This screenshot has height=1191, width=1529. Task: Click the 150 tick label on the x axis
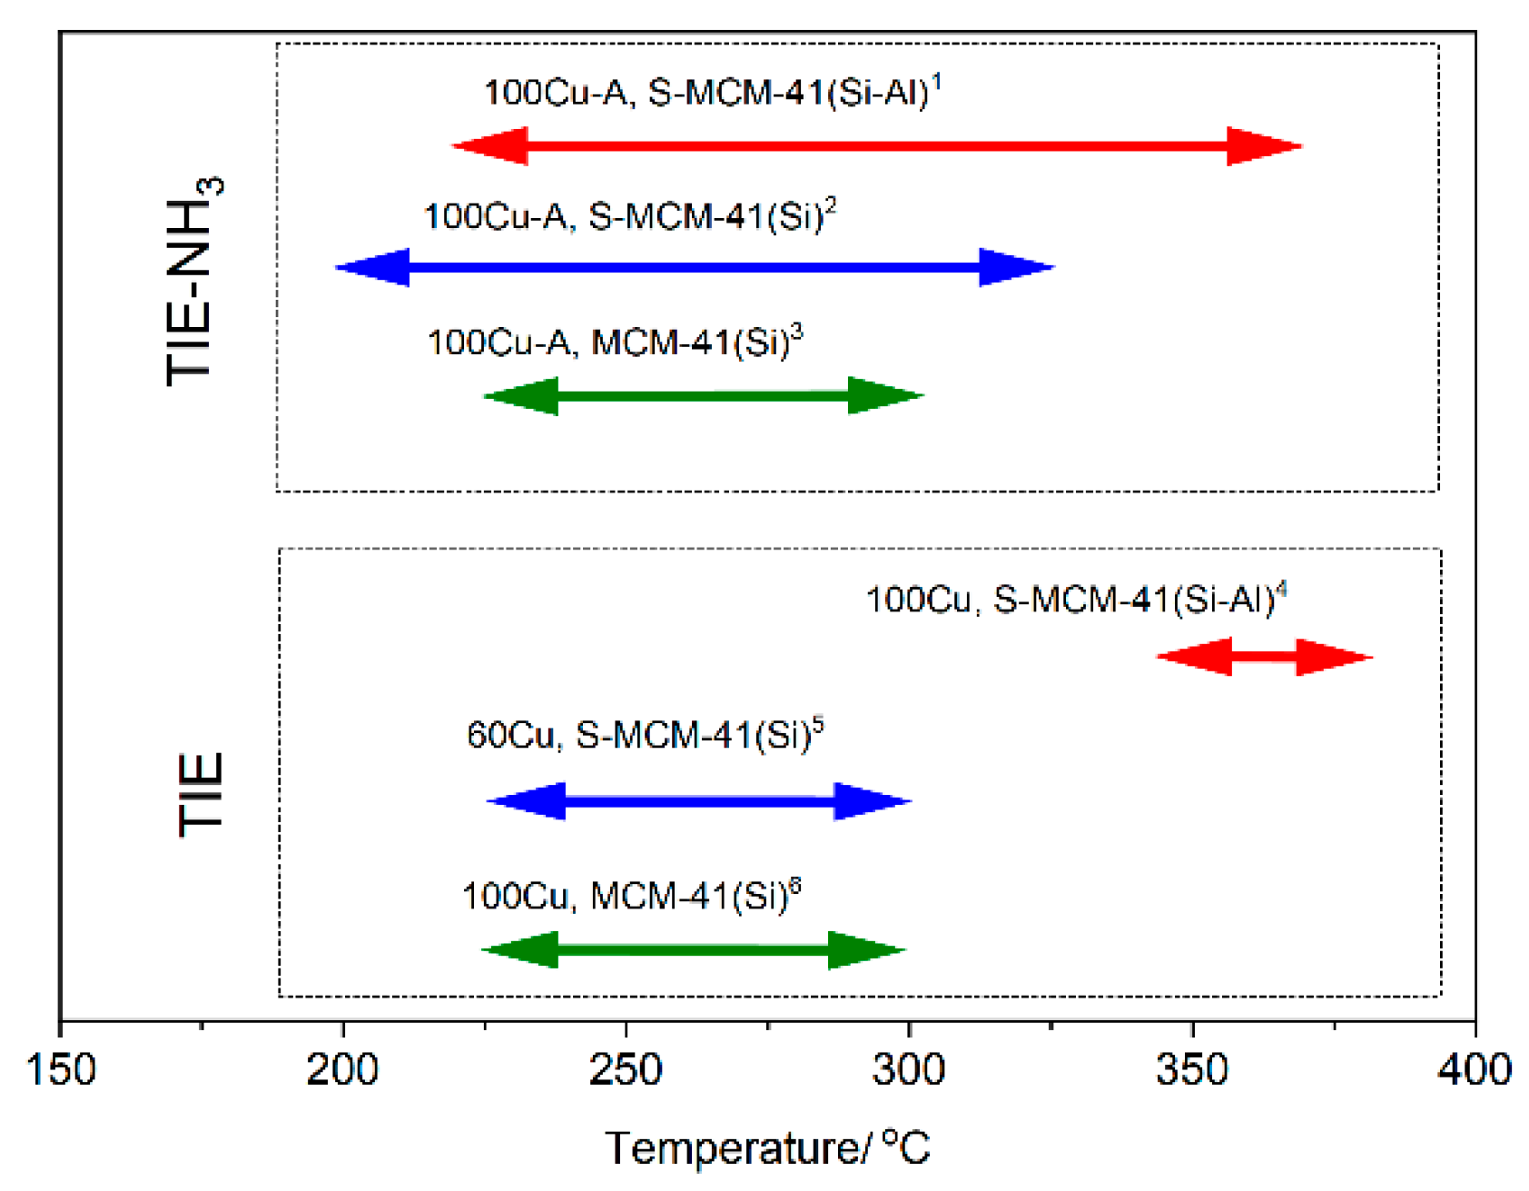(61, 1069)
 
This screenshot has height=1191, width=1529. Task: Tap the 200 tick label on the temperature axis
(342, 1069)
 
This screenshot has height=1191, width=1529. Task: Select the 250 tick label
(626, 1069)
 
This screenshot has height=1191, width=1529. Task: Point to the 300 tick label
(909, 1069)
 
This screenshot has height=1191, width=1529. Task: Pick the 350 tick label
(1191, 1069)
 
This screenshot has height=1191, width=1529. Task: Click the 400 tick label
(1474, 1069)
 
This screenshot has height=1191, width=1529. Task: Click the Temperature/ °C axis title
(767, 1148)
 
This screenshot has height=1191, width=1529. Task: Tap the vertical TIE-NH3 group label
(192, 282)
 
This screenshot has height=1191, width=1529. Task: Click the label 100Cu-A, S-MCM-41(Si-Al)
(713, 93)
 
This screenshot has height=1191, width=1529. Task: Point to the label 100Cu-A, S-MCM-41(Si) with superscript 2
(629, 216)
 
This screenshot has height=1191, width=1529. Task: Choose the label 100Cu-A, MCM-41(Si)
(615, 342)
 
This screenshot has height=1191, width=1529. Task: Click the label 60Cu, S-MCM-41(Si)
(645, 734)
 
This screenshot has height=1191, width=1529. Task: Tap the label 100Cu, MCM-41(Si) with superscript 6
(631, 896)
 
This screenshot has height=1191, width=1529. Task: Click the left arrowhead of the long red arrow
(490, 146)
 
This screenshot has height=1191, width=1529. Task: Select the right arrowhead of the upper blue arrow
(1016, 267)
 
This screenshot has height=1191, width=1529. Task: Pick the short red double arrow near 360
(1264, 657)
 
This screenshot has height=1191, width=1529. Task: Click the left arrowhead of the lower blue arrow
(527, 801)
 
